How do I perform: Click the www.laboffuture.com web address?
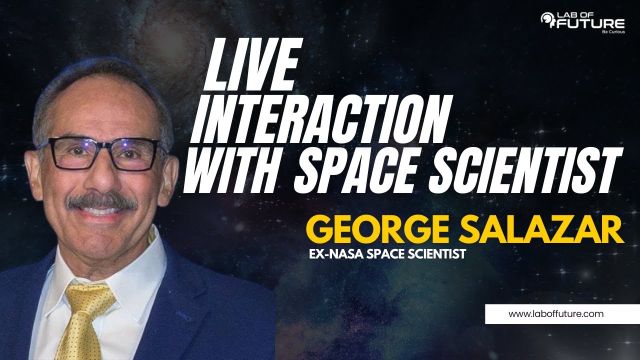coord(555,314)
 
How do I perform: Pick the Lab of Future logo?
coord(582,22)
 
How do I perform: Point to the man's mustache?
coord(102,201)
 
